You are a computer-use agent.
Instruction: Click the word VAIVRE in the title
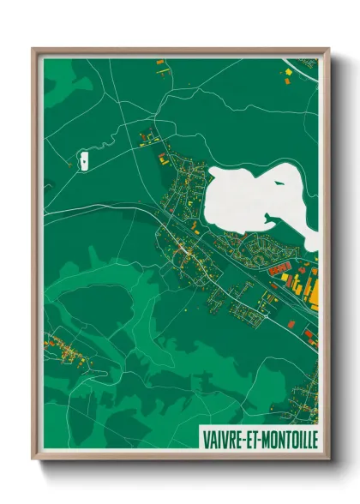(222, 439)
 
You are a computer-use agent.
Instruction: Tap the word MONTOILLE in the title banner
(287, 439)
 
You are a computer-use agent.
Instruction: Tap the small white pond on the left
(85, 159)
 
